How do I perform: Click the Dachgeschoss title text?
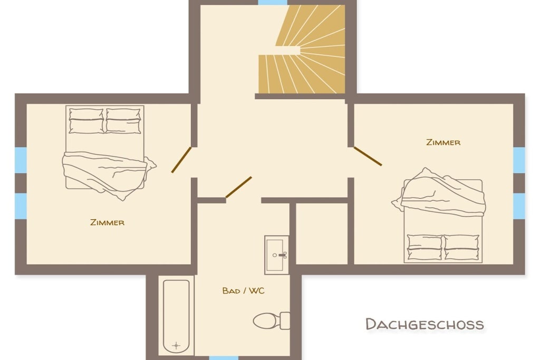click(x=425, y=324)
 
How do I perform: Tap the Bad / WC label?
click(x=244, y=291)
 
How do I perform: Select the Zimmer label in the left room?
click(x=107, y=222)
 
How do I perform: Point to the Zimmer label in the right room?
click(x=443, y=142)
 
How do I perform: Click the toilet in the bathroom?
click(x=272, y=321)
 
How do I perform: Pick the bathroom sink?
click(x=276, y=255)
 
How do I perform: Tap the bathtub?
click(x=176, y=316)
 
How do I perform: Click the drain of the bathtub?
click(x=176, y=345)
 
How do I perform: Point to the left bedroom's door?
click(x=181, y=160)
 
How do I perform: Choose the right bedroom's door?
click(x=368, y=156)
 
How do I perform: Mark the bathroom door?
click(x=239, y=187)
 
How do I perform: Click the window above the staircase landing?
click(x=273, y=3)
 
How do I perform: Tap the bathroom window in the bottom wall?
click(x=224, y=358)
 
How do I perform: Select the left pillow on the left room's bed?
click(x=86, y=121)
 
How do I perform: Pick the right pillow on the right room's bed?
click(x=461, y=247)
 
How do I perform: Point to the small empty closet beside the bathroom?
click(x=322, y=233)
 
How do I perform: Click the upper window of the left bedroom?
click(x=21, y=160)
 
